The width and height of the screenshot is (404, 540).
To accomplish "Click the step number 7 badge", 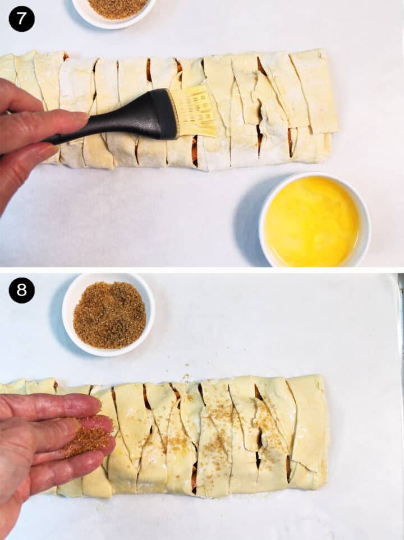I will [x=21, y=19].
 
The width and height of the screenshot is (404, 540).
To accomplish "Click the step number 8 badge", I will [x=21, y=290].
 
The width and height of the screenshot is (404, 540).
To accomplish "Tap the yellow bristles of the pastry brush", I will [x=196, y=112].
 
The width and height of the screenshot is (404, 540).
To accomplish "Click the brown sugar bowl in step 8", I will [x=109, y=315].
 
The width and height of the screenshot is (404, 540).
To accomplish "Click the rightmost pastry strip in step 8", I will [x=309, y=426].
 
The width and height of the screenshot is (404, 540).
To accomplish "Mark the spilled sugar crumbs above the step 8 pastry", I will [x=185, y=377].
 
